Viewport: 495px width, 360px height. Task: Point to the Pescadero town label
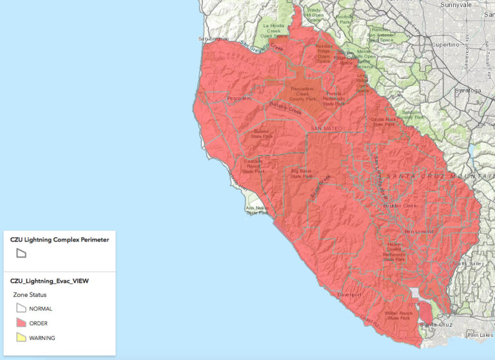click(238, 99)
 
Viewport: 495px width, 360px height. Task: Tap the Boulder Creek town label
click(401, 205)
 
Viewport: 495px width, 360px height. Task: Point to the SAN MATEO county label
click(325, 129)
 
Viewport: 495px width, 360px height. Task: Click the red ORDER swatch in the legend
click(21, 323)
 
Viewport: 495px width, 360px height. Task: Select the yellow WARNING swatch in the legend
click(21, 337)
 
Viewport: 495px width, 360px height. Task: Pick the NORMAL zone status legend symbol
click(21, 308)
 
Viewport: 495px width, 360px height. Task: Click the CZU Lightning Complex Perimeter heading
click(59, 239)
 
